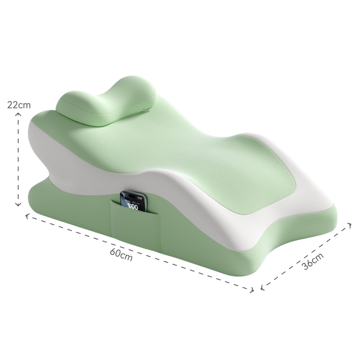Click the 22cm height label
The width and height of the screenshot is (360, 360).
19,105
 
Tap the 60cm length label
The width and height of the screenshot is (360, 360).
121,254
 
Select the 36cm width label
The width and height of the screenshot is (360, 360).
312,261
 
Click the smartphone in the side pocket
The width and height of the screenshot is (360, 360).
133,202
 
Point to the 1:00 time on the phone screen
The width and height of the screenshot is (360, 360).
132,206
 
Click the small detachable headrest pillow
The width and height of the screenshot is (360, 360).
107,101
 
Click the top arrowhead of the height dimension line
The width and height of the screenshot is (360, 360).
18,114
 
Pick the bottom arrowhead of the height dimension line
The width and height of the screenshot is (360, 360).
18,204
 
